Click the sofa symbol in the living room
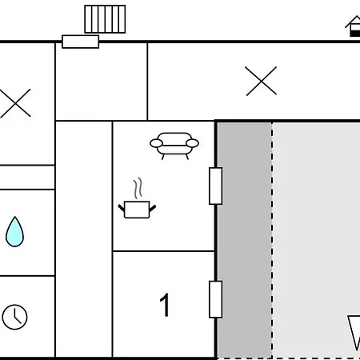click(x=174, y=146)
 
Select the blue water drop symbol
click(x=14, y=231)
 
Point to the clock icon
click(x=14, y=317)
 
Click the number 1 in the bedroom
click(x=165, y=305)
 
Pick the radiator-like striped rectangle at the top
click(x=105, y=19)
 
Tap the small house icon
click(x=354, y=26)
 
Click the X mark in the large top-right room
click(x=261, y=81)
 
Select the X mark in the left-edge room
click(x=15, y=103)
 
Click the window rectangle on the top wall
click(x=81, y=42)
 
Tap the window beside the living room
click(x=215, y=186)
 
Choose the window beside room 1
click(x=215, y=299)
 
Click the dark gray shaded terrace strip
click(x=245, y=240)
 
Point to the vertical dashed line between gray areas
click(x=272, y=240)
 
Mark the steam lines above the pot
click(x=138, y=188)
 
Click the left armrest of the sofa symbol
click(x=156, y=143)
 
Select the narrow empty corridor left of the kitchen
click(x=84, y=239)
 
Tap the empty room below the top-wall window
click(x=102, y=82)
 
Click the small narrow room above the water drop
click(x=27, y=178)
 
